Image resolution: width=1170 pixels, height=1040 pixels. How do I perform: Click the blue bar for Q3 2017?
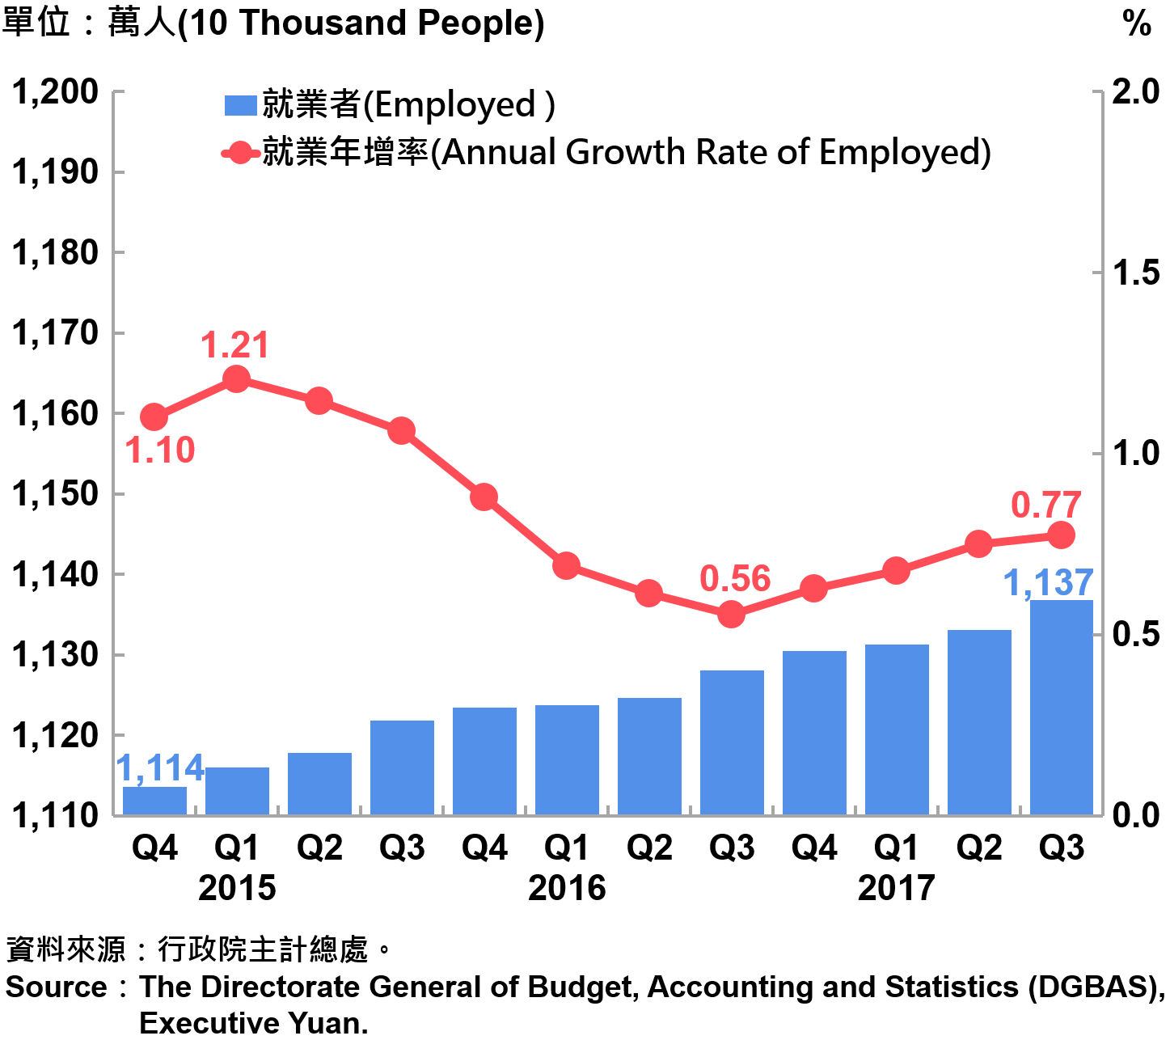[1061, 707]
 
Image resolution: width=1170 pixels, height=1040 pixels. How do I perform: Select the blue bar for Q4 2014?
[154, 800]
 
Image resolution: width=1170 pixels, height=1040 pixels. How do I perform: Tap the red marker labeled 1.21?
[236, 378]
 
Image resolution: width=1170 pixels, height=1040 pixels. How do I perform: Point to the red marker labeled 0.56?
[731, 615]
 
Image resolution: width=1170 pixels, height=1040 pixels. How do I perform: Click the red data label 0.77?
[1045, 505]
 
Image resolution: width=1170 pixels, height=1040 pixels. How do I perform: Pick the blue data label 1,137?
[1048, 582]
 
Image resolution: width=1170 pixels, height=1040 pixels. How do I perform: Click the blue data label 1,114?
[161, 768]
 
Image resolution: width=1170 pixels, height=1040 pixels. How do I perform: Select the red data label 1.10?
[160, 450]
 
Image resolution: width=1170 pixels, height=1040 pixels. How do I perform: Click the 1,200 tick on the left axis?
[55, 92]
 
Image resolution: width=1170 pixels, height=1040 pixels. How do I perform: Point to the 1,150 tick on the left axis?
[55, 494]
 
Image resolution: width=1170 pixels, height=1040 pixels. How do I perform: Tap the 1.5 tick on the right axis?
[1135, 273]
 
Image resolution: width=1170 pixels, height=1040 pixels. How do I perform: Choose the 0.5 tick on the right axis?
[1135, 635]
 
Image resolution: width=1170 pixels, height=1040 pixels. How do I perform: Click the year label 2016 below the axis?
[567, 888]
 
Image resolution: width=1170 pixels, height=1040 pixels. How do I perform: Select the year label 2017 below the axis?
[896, 888]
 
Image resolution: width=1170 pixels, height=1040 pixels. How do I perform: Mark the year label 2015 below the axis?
[237, 888]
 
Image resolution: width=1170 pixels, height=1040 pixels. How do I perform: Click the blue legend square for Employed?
[240, 105]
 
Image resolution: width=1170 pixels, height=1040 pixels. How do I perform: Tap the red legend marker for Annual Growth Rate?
[240, 153]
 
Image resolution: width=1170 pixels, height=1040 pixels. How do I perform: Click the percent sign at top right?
[1136, 24]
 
